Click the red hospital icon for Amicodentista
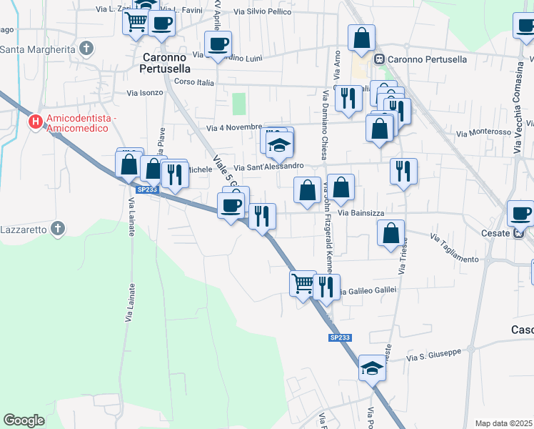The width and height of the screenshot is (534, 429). click(x=34, y=122)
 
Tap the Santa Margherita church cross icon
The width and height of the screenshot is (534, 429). click(x=86, y=49)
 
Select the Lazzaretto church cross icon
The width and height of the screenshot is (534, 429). click(x=59, y=230)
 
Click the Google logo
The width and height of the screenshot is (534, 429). click(x=24, y=420)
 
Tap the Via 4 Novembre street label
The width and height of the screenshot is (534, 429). click(x=235, y=128)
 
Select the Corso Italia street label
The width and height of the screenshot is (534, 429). click(x=194, y=83)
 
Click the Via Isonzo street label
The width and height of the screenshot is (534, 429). click(x=145, y=93)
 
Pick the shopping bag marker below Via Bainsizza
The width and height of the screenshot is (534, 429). click(x=391, y=234)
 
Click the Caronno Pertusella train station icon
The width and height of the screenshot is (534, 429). click(x=381, y=58)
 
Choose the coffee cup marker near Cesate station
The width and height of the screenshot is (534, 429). click(x=520, y=213)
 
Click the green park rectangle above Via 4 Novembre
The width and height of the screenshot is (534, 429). click(x=239, y=104)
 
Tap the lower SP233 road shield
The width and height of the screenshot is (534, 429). click(x=340, y=337)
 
